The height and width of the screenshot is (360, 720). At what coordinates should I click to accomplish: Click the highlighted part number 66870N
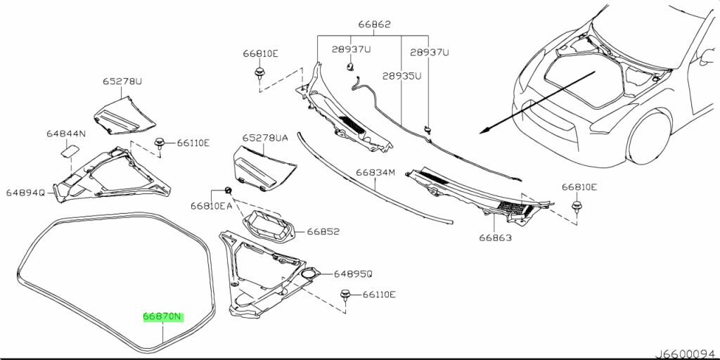coord(163,317)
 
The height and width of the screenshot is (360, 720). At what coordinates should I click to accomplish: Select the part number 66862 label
coord(374,25)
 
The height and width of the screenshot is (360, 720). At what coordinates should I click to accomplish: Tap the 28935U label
coord(402,76)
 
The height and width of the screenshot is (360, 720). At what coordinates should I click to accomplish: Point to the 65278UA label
coord(265,138)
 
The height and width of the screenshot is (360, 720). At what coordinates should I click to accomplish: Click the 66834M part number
coord(375,173)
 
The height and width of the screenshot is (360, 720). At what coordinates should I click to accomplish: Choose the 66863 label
coord(496,238)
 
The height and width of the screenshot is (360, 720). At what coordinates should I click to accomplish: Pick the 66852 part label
coord(323,232)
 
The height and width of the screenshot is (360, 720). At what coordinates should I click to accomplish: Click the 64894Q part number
coord(25,193)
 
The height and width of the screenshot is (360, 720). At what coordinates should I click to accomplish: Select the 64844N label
coord(66,134)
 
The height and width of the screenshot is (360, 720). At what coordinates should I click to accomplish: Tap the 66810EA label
coord(212,206)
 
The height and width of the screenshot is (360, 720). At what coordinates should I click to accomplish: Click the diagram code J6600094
coord(686,354)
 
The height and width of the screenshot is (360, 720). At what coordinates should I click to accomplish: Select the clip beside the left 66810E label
coord(259,72)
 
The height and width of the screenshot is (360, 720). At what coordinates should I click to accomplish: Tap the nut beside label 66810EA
coord(228,190)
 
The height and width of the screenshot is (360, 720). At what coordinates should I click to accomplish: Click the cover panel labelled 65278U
coord(124,116)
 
